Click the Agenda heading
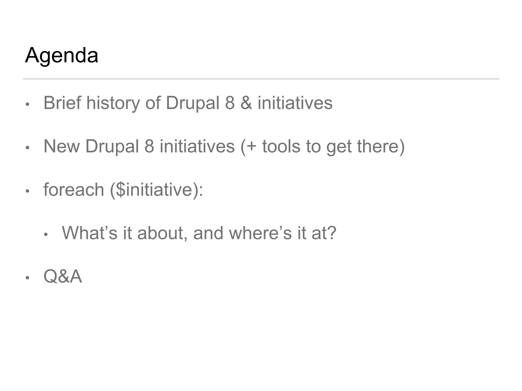click(61, 55)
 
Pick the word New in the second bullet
click(61, 146)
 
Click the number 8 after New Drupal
click(149, 146)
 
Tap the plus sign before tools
click(251, 147)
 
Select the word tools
click(281, 146)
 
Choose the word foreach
click(74, 190)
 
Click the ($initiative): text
click(156, 190)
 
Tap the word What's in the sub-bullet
click(89, 233)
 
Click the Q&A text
click(63, 276)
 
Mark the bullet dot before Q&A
click(28, 278)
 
